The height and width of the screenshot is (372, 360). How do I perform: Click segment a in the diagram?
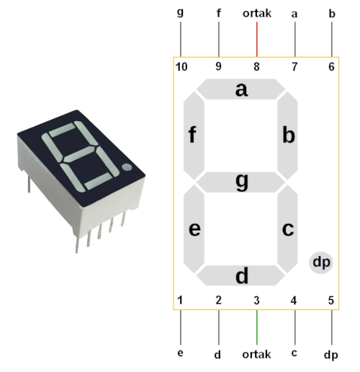coord(240,89)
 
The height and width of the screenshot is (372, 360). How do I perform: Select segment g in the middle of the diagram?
coord(240,182)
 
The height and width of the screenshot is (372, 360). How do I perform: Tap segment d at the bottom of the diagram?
coord(240,275)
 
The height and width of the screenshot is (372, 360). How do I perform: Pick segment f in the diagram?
coord(194,136)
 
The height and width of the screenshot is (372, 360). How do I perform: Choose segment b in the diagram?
coord(287,136)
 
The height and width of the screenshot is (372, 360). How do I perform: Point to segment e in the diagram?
coord(194,229)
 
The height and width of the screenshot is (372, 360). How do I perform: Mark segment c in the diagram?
coord(287,229)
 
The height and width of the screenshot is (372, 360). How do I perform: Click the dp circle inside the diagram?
coord(321,262)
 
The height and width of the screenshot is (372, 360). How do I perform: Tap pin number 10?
coord(181,67)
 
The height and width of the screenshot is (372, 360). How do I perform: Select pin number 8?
coord(256,67)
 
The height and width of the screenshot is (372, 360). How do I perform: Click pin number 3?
coord(256,301)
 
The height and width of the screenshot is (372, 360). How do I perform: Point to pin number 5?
coord(331,301)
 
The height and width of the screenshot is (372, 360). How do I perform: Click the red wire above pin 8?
coord(257,40)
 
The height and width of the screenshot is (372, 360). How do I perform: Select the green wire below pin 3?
coord(257,327)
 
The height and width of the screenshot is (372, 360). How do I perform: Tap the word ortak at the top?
coord(257,14)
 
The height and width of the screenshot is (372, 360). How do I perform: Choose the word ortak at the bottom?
coord(256,355)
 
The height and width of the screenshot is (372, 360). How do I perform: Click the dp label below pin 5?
coord(331,355)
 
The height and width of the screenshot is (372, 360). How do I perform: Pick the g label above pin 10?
coord(180,12)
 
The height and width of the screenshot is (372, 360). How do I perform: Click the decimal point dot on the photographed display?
coord(127,167)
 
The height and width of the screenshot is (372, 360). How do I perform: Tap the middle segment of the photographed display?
coord(81,155)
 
